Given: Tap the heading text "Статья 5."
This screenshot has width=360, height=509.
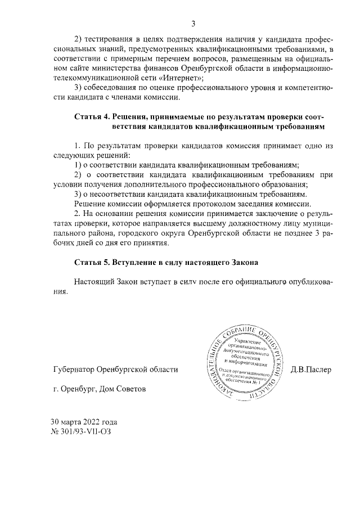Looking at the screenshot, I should (x=92, y=263).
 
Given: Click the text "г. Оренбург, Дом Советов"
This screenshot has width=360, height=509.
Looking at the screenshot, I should (x=98, y=389).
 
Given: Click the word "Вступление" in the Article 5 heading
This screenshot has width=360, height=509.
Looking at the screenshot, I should (x=138, y=263).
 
